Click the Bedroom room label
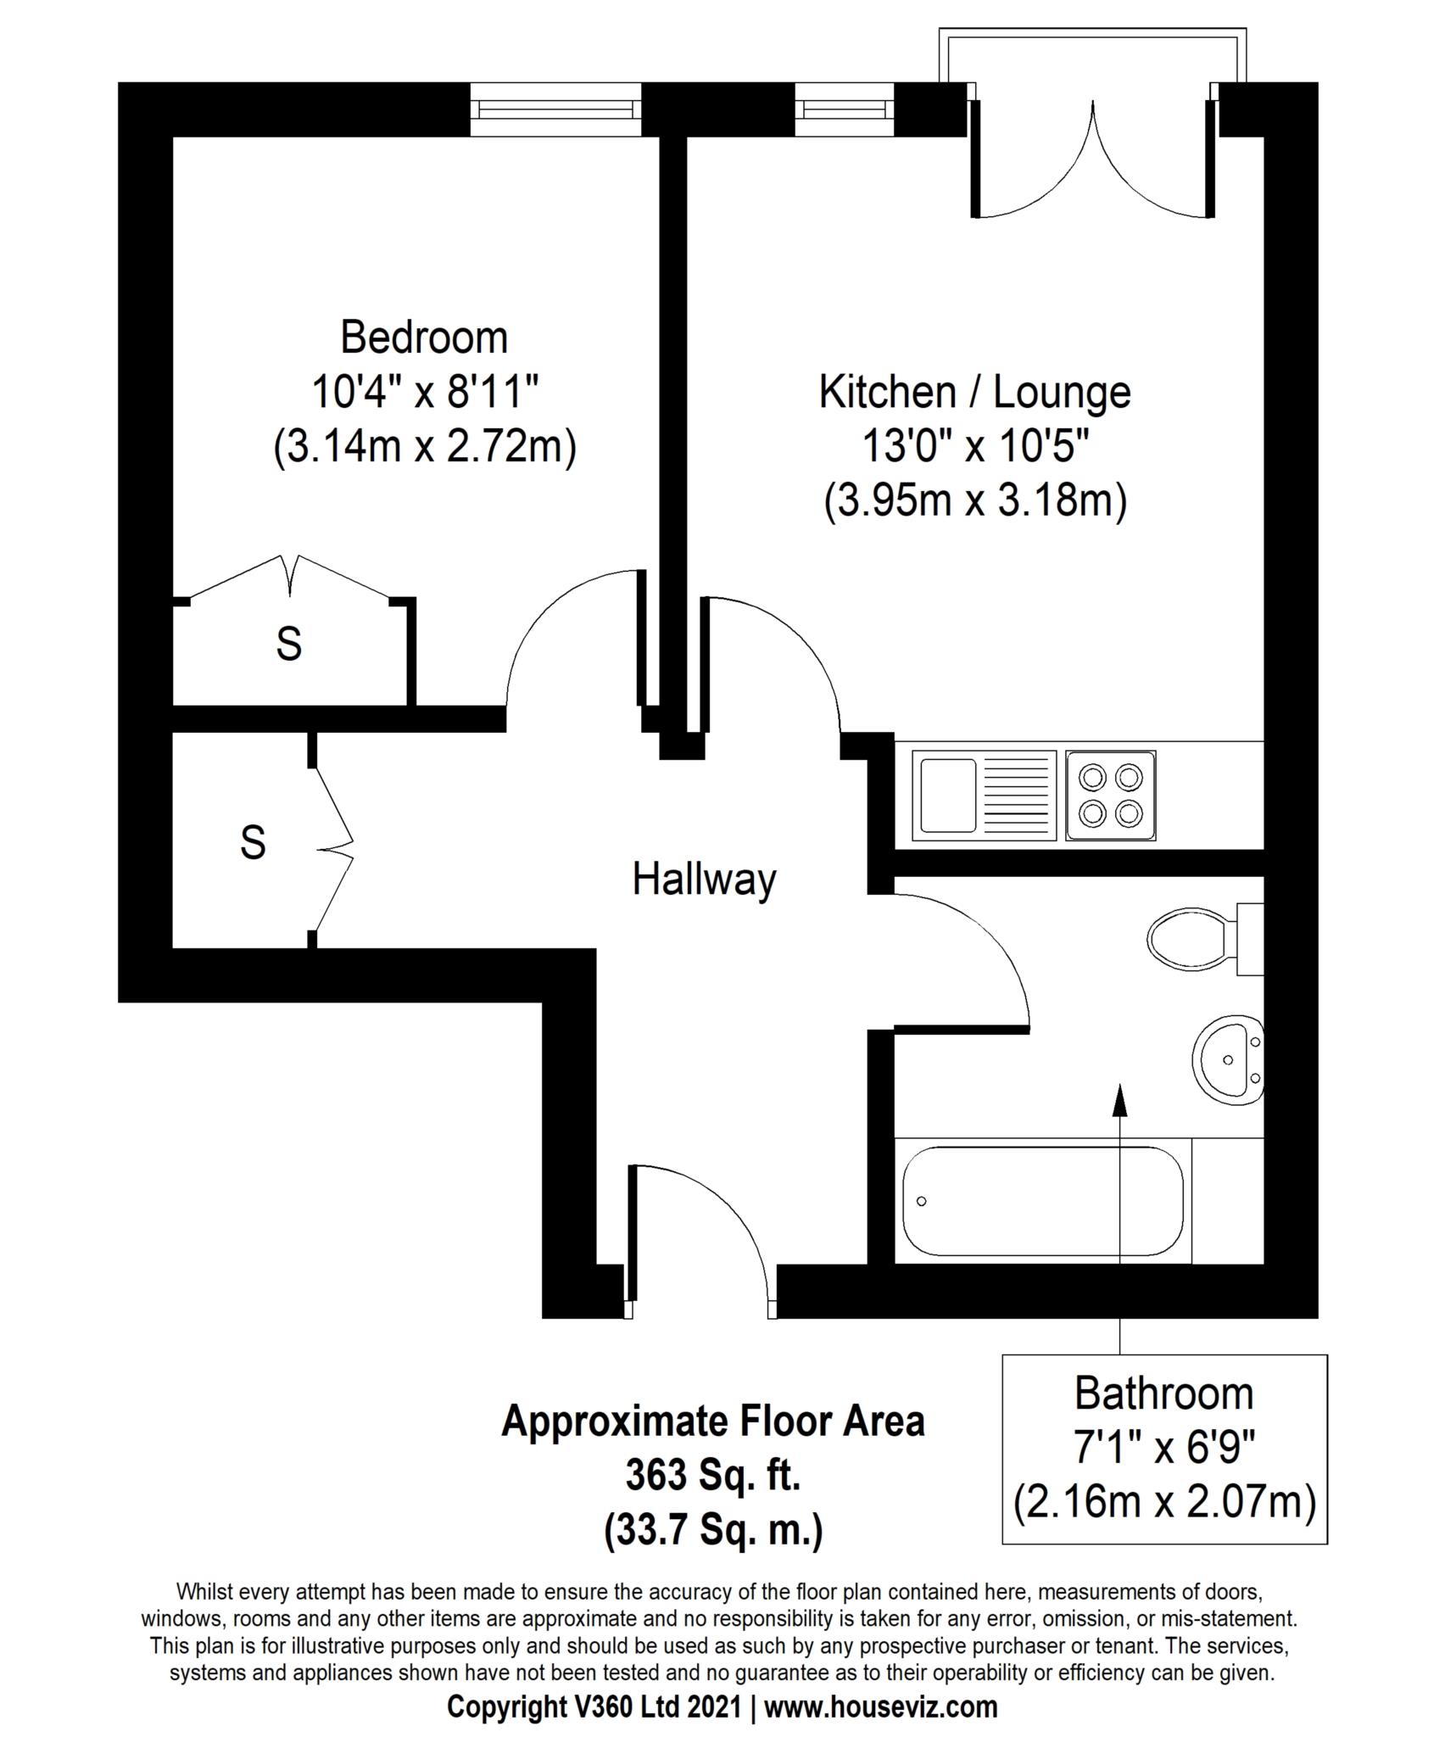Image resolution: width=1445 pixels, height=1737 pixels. [424, 338]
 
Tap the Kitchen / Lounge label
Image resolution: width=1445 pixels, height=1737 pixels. [974, 393]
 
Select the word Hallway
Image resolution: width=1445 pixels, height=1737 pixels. [704, 880]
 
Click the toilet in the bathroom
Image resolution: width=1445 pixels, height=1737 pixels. [1205, 939]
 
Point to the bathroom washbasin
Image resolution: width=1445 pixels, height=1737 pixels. [1229, 1059]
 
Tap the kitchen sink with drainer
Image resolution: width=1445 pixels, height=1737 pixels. [985, 796]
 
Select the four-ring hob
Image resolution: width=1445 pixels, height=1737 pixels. [1111, 796]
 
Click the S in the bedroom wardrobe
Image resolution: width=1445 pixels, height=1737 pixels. [289, 644]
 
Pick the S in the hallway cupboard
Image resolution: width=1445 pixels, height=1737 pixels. [253, 842]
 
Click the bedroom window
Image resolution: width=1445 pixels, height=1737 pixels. [556, 109]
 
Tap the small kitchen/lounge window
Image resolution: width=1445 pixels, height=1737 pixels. [845, 109]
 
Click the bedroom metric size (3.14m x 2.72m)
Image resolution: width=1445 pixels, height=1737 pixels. [424, 447]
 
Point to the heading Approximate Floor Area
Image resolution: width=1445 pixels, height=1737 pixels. [713, 1421]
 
